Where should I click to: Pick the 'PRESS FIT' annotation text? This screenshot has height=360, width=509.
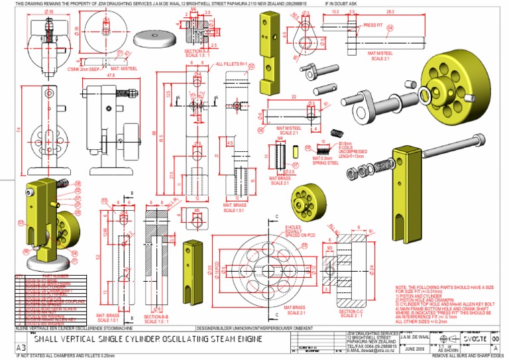click(x=374, y=25)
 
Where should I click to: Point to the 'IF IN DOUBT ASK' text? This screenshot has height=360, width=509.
click(x=342, y=3)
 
